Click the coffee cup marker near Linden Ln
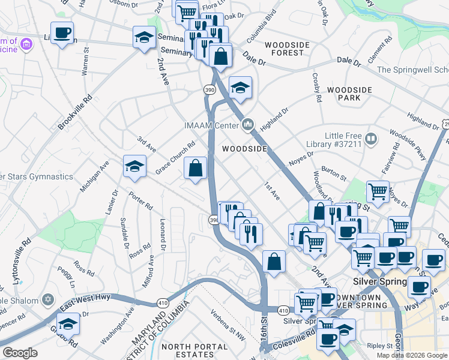coord(62,33)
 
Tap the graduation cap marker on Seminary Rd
coord(144,38)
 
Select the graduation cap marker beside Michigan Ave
coord(135,166)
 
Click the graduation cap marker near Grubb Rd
coord(68,325)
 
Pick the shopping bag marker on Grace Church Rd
coord(196,169)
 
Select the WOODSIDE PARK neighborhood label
coord(350,94)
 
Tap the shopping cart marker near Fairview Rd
coord(378,192)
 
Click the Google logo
coord(20,353)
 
